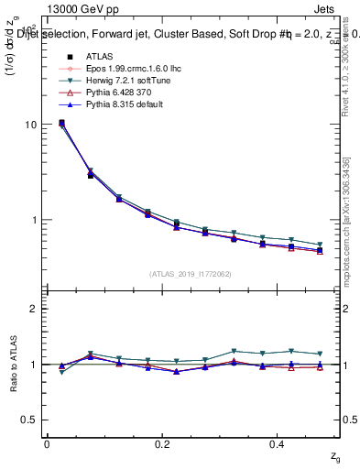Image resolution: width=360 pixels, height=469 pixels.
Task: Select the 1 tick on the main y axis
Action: tap(34, 220)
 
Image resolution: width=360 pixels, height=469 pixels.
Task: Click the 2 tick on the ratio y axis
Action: tap(34, 310)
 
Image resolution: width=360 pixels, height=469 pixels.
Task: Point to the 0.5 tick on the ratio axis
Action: tap(30, 420)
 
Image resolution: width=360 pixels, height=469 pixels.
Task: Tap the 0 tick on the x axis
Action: tap(47, 444)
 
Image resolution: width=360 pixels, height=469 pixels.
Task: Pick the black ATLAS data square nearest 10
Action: tap(61, 123)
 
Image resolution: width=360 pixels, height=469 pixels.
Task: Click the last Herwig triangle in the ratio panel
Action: tap(320, 354)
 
